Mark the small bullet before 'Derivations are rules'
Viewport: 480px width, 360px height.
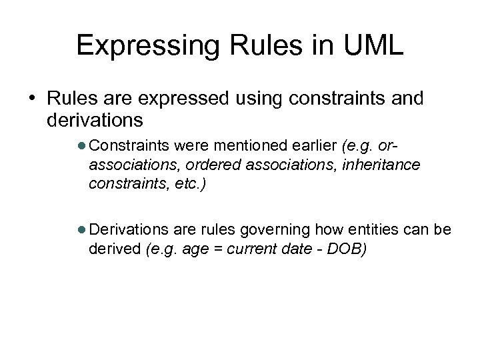click(81, 230)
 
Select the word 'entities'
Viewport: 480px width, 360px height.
click(361, 230)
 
